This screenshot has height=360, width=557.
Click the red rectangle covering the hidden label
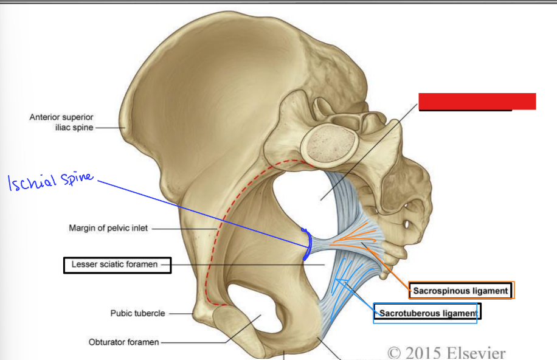click(x=477, y=102)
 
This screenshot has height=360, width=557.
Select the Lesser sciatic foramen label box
click(x=117, y=265)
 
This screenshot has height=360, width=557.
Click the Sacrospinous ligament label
click(x=461, y=291)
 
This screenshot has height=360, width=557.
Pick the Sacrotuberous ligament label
click(x=426, y=313)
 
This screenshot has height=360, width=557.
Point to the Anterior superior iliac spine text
click(x=61, y=122)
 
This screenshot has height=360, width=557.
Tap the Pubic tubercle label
click(x=137, y=314)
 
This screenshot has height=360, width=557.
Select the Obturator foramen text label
click(x=124, y=342)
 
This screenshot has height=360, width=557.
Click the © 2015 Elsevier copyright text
click(x=446, y=351)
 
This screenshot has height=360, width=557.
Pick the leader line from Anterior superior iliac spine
click(x=109, y=128)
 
